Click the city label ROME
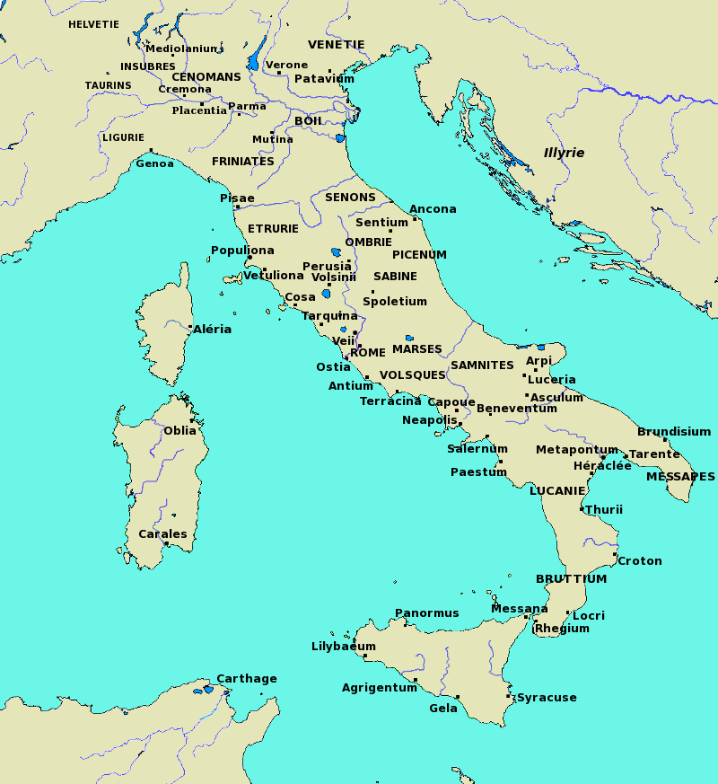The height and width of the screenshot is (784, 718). [x=367, y=353]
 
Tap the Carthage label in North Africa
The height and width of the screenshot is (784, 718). [x=247, y=679]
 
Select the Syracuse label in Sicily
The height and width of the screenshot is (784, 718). [x=547, y=698]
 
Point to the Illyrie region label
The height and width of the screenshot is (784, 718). [x=564, y=153]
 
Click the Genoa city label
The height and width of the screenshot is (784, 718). [x=154, y=163]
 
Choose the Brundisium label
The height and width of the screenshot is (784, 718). [x=674, y=432]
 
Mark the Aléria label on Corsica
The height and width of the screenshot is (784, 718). [x=213, y=330]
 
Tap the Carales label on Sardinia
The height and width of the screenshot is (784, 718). [x=162, y=534]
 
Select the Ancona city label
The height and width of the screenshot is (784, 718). [x=433, y=209]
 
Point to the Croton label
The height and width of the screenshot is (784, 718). [x=640, y=561]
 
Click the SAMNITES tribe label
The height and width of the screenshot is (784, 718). [x=482, y=366]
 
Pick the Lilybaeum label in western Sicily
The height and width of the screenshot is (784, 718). [x=343, y=647]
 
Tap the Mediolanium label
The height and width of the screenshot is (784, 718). [x=181, y=49]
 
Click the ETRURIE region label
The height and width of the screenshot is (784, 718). [x=273, y=229]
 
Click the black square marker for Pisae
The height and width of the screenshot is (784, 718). [x=237, y=207]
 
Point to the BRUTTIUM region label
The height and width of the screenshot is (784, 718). [x=571, y=579]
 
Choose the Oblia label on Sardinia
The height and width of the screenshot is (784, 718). [x=179, y=431]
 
